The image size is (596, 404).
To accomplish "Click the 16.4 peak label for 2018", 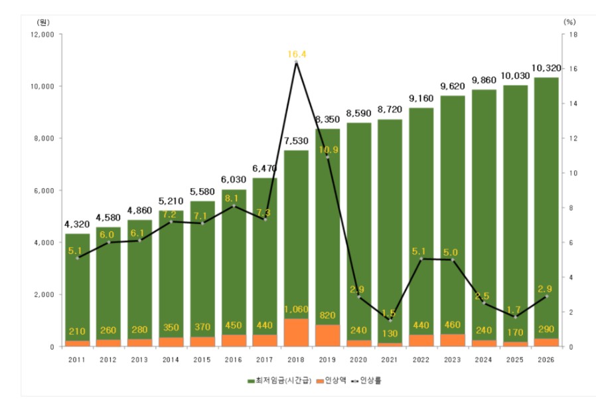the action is click(297, 54).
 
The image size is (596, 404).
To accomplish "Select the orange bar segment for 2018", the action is click(296, 332).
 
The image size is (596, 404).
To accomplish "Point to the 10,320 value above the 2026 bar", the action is click(546, 68).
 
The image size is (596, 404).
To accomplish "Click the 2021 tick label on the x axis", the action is click(390, 359).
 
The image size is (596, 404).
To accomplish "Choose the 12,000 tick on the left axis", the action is click(42, 35).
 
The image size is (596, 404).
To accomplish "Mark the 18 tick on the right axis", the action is click(573, 35).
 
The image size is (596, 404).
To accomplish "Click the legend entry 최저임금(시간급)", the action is click(279, 381).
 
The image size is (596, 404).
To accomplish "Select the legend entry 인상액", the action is click(331, 381).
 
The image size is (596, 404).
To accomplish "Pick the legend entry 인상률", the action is click(366, 381).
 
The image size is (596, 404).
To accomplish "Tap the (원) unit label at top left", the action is click(43, 22).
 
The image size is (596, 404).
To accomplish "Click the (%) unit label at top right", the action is click(569, 22).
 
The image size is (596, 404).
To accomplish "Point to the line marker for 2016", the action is click(234, 206).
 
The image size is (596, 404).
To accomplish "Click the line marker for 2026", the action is click(547, 296).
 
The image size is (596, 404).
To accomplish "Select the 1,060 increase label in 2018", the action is click(296, 309).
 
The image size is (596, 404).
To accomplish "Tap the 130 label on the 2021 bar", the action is click(390, 334).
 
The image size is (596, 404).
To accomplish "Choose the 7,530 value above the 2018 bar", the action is click(296, 141).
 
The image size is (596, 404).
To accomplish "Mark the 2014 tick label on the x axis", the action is click(171, 359).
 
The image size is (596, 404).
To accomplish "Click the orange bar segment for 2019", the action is click(328, 336).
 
